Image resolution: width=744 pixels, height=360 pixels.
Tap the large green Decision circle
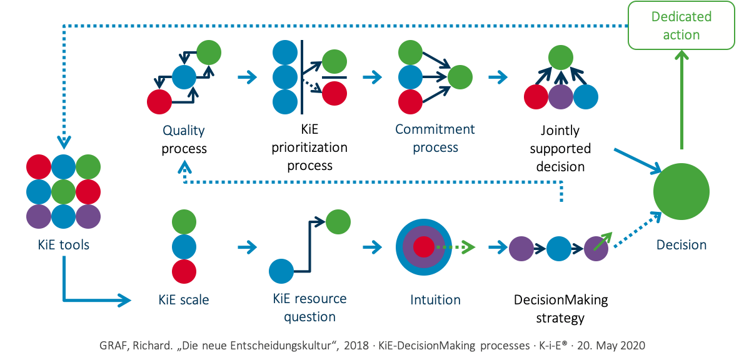click(x=681, y=191)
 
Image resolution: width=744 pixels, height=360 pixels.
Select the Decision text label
click(x=681, y=245)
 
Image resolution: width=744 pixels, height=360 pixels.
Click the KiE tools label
click(x=63, y=244)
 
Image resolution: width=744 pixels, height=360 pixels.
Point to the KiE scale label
click(x=184, y=300)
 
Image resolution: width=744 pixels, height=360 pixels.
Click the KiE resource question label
click(x=309, y=307)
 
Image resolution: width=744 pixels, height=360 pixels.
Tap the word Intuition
click(x=435, y=300)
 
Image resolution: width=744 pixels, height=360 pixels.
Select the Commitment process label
click(x=435, y=138)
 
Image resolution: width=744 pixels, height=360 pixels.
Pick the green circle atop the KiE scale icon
click(x=184, y=222)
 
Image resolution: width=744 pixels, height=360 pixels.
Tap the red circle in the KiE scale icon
click(x=184, y=272)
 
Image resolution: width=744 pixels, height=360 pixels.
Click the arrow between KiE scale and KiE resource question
click(x=247, y=247)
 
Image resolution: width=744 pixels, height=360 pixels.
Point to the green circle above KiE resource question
click(x=338, y=221)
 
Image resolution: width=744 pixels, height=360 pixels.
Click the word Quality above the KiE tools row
click(x=184, y=131)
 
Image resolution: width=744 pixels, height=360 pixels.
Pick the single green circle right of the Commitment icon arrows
click(x=460, y=78)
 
